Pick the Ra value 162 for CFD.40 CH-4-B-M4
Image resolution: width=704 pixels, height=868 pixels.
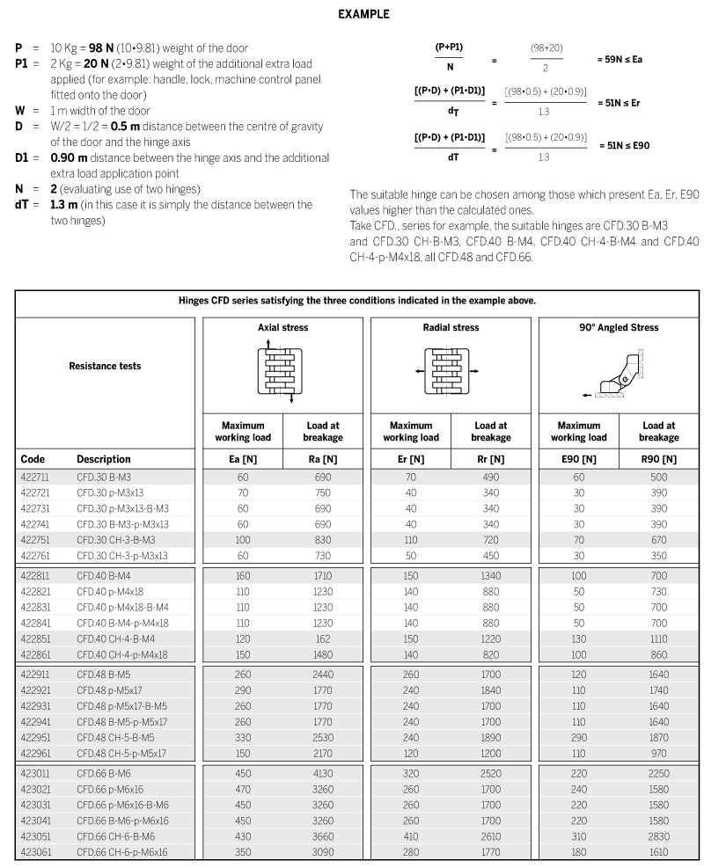(x=323, y=639)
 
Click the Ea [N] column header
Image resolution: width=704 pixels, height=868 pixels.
(x=243, y=459)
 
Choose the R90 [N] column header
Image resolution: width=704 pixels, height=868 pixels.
(x=659, y=459)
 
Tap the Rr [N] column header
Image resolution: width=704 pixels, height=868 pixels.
(x=491, y=459)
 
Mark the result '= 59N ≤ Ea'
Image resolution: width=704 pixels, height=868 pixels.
(x=620, y=60)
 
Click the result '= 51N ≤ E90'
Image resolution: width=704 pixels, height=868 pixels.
(x=624, y=145)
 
